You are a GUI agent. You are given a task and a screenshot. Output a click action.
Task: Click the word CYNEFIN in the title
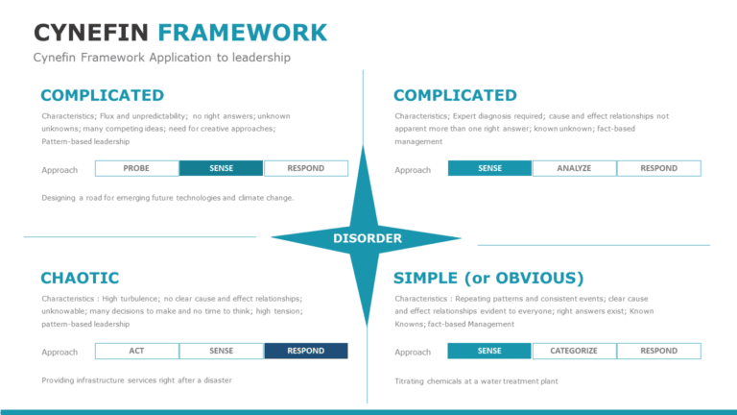92,33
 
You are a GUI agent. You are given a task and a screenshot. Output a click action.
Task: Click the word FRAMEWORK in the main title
243,33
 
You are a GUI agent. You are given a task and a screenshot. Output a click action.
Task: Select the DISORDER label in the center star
368,238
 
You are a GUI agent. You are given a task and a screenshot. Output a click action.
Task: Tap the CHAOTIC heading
80,278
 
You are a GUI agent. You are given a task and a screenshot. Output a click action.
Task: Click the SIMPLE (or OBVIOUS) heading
488,278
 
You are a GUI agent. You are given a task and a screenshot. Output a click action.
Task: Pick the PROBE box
136,168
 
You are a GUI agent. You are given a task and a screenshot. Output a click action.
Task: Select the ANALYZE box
574,168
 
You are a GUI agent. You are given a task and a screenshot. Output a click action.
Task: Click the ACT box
136,351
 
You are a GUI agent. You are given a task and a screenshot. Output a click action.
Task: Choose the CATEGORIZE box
574,351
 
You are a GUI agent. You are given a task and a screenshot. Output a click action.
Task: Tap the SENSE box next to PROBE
221,168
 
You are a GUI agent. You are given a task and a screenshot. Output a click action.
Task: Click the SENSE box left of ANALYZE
489,168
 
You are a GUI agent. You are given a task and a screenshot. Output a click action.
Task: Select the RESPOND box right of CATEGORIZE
658,351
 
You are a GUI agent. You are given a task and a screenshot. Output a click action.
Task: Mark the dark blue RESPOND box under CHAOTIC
305,351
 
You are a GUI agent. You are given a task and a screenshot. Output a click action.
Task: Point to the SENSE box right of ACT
221,351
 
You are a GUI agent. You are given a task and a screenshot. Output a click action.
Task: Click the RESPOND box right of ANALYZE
658,168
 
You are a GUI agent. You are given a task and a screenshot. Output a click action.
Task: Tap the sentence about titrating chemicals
476,381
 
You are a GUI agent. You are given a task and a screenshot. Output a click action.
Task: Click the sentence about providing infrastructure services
136,380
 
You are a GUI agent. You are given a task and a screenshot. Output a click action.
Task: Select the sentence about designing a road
167,198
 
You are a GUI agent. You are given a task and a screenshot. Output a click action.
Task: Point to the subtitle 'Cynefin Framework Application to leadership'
161,58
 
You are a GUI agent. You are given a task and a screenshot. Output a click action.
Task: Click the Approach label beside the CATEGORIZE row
413,353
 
